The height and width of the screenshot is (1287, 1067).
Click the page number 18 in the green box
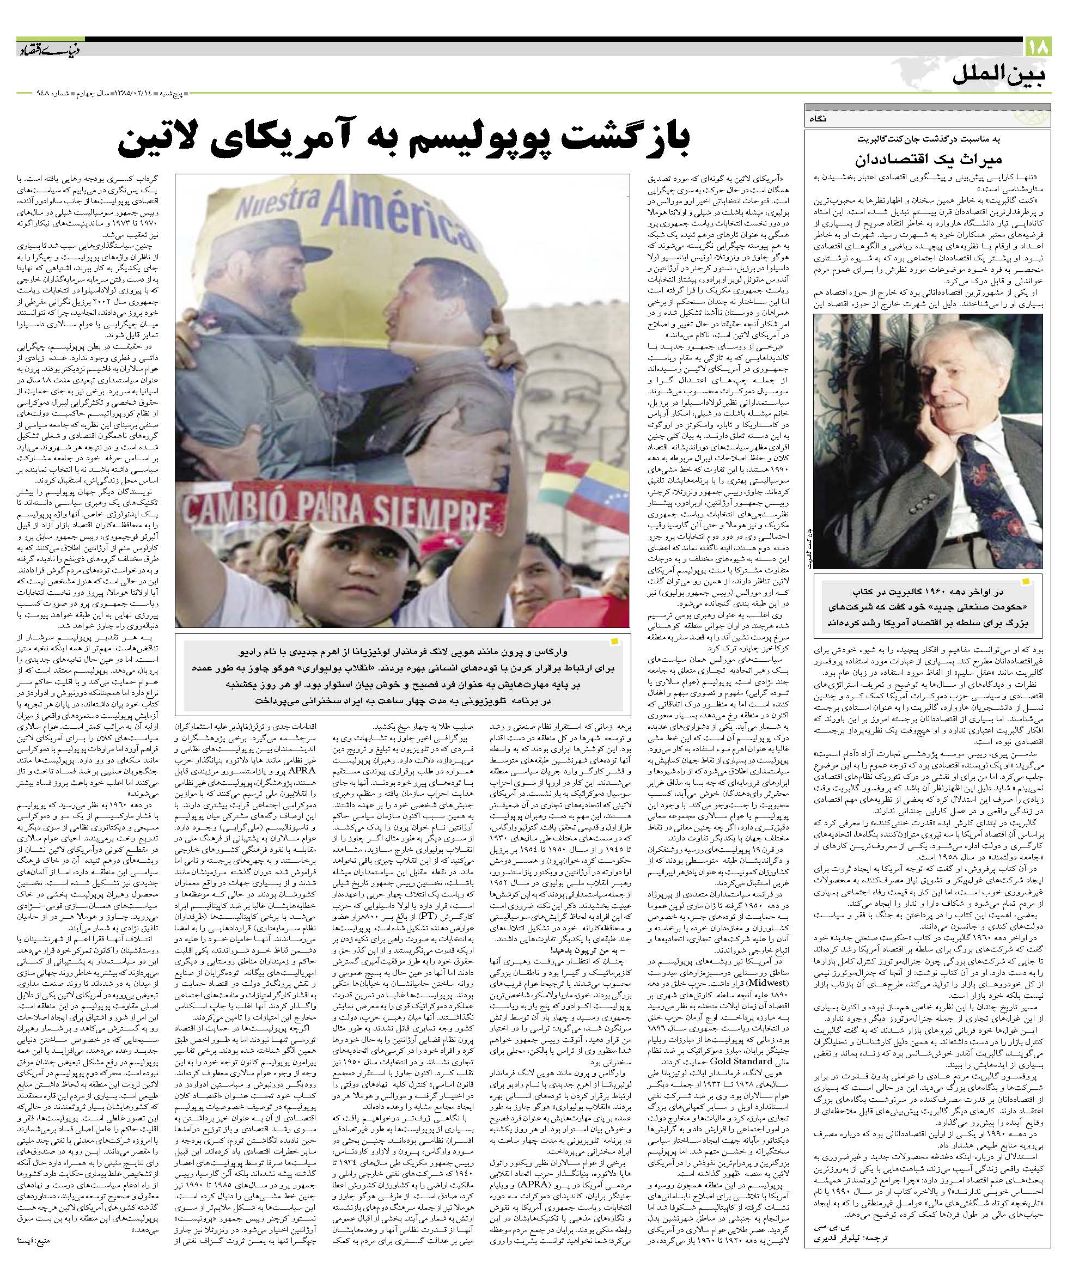[1038, 47]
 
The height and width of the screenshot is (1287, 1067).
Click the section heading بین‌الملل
[1001, 78]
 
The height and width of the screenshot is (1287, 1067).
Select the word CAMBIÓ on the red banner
[236, 508]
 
